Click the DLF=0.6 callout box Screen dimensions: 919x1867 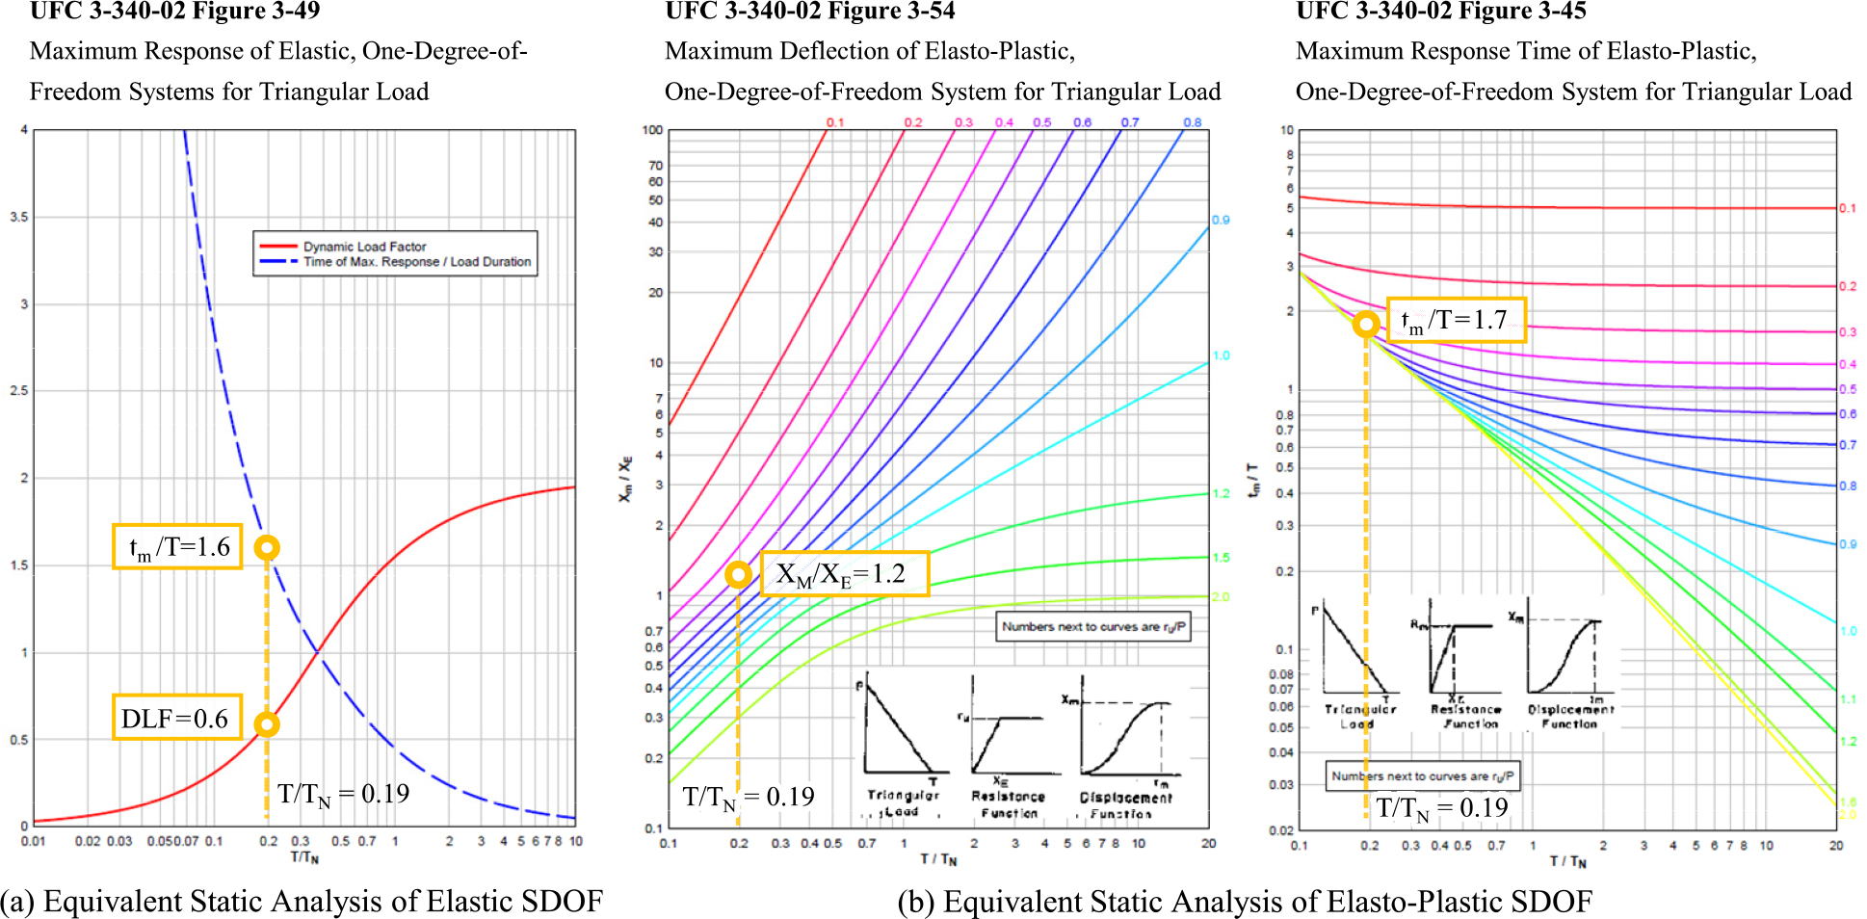pos(176,718)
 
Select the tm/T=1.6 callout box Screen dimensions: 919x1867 pos(177,546)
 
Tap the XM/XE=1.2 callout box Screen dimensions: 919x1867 pos(845,574)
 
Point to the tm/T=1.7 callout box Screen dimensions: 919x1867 pos(1456,320)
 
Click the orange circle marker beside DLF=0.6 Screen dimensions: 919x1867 pos(267,724)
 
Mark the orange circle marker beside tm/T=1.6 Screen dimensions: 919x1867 pos(267,548)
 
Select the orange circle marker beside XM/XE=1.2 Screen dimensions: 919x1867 pos(738,575)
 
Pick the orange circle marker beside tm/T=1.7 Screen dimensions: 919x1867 pos(1365,324)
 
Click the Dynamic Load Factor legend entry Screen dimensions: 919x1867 pos(364,247)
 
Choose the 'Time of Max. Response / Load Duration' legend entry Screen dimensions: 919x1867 pos(416,262)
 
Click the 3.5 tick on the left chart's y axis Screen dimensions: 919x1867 pos(19,217)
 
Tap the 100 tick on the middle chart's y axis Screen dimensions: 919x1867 pos(653,130)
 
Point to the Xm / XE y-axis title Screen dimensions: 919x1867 pos(626,479)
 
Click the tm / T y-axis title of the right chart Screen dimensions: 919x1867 pos(1254,479)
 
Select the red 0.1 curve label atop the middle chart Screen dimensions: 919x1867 pos(834,122)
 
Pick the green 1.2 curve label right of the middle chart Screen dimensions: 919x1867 pos(1221,493)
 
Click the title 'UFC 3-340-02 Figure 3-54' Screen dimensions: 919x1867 pos(809,12)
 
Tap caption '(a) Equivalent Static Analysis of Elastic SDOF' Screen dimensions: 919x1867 pos(302,901)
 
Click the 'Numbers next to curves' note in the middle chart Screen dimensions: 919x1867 pos(1093,626)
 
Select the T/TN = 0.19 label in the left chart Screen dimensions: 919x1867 pos(344,794)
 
